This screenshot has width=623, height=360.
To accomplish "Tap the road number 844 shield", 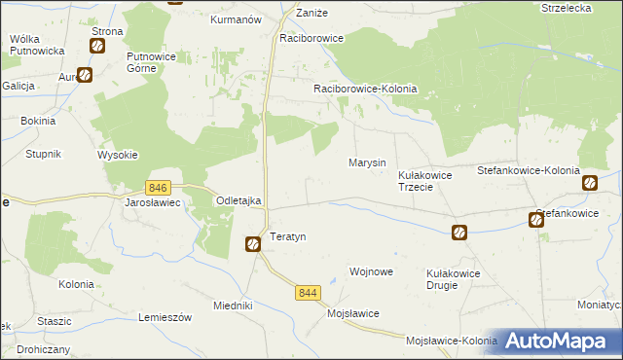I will [x=310, y=293].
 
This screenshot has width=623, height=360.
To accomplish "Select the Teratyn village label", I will [x=288, y=237].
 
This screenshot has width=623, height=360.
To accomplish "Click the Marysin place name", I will [x=367, y=162].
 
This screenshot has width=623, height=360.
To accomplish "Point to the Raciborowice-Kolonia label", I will [x=365, y=89].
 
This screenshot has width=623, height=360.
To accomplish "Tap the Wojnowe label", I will [x=371, y=271].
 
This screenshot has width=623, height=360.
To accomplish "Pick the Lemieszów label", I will [x=163, y=318].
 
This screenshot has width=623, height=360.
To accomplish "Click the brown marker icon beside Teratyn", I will [x=252, y=244].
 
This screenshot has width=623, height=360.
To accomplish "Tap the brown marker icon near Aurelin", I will [x=85, y=74].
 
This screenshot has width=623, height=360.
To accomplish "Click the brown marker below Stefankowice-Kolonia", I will [x=589, y=183].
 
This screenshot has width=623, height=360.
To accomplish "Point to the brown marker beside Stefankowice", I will [x=536, y=220].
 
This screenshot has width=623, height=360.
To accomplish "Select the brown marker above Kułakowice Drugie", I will [x=458, y=233].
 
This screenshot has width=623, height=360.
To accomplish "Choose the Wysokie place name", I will [x=118, y=155].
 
